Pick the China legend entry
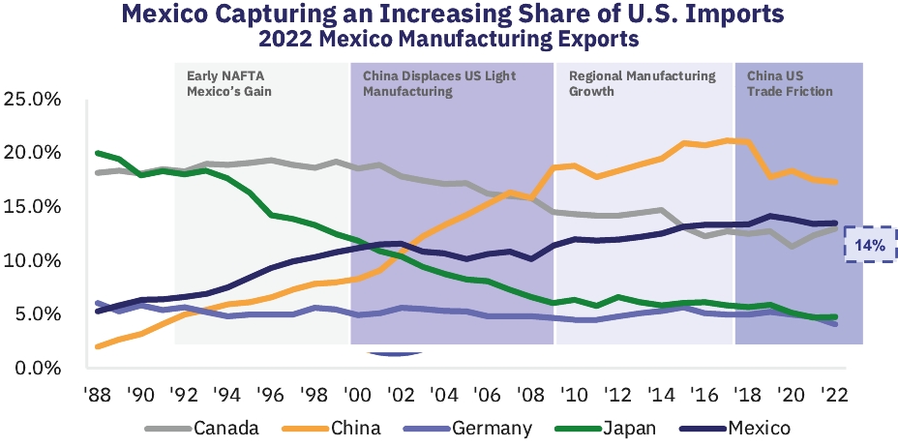tap(354, 428)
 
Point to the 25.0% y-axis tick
tap(34, 100)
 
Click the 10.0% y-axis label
tap(34, 261)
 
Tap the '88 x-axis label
tap(97, 395)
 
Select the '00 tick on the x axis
tap(357, 395)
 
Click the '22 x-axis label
tap(834, 395)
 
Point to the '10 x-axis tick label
tap(574, 395)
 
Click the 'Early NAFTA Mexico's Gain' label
tap(230, 83)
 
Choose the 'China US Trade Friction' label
tap(790, 83)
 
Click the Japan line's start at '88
tap(97, 153)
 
